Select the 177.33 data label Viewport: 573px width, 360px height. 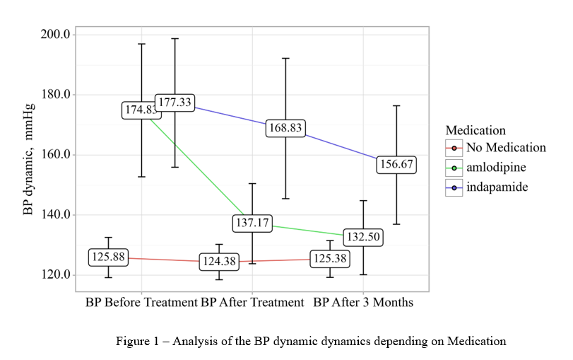pos(175,103)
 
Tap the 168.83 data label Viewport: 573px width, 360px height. pos(285,128)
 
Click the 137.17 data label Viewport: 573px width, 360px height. pos(252,223)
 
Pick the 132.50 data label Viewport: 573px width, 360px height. pos(363,237)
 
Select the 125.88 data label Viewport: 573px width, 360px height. pos(109,257)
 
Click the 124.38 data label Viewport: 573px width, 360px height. pos(219,262)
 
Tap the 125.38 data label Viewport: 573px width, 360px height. pos(329,258)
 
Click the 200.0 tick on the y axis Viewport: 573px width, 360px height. pos(54,34)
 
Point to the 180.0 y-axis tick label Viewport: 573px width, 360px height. pos(54,94)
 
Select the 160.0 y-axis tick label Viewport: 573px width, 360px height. pos(54,154)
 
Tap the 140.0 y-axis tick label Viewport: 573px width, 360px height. pos(54,214)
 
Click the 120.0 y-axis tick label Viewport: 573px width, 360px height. pos(54,274)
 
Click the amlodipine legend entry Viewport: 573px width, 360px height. pos(495,168)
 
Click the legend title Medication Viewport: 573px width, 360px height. pos(475,130)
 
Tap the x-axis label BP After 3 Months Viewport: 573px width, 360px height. pos(363,303)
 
